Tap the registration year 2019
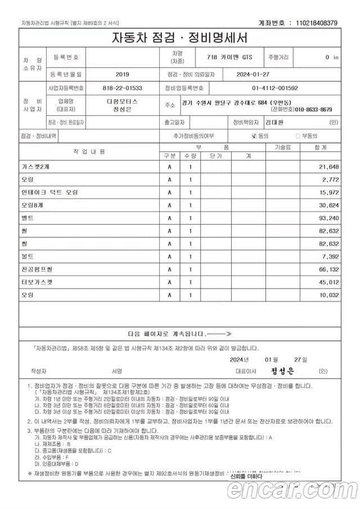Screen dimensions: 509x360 pos(122,74)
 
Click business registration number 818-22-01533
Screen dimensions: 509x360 pos(122,88)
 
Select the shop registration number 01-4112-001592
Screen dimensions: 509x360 pos(275,88)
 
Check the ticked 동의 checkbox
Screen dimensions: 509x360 pos(254,136)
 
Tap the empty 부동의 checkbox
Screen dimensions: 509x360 pos(298,136)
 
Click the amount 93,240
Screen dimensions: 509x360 pos(328,218)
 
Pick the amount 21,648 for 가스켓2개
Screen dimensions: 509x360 pos(328,168)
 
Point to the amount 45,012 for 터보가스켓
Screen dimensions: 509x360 pos(328,282)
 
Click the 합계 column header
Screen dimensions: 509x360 pos(321,147)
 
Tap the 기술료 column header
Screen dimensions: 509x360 pos(283,147)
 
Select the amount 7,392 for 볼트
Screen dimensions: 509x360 pos(330,256)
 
